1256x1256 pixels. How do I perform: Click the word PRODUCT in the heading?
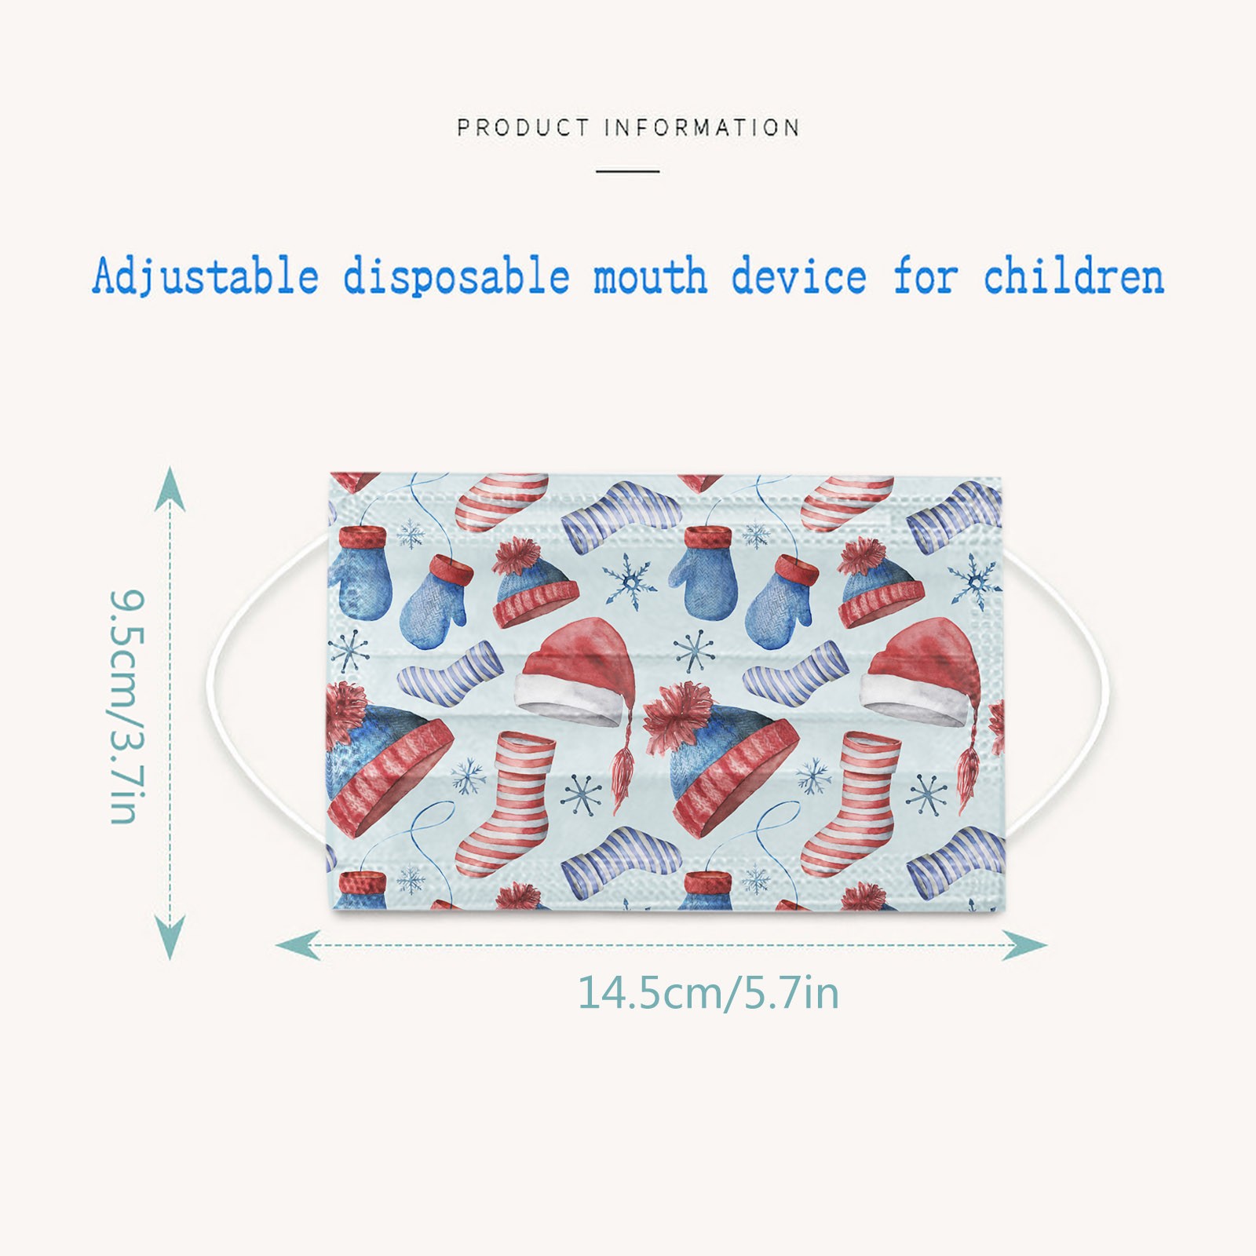point(523,127)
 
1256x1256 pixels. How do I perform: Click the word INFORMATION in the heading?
point(703,127)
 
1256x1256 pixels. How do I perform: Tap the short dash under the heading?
point(627,170)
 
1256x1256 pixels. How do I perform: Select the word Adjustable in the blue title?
point(206,277)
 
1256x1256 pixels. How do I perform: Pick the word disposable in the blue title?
point(456,277)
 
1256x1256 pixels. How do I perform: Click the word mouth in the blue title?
point(650,277)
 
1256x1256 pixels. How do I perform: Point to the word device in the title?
point(799,277)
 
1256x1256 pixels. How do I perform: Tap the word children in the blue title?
point(1074,277)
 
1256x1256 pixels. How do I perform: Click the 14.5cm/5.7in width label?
point(709,992)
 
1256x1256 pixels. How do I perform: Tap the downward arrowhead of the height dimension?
point(170,939)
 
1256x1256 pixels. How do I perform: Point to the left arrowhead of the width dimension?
point(298,945)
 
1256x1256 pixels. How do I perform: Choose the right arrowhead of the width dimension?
point(1024,945)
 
